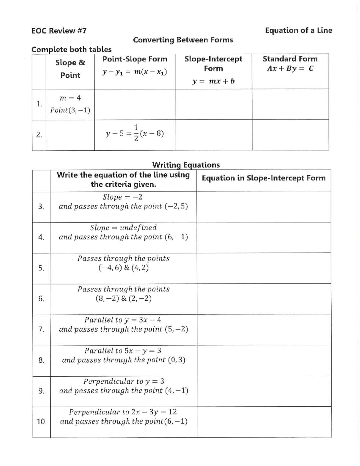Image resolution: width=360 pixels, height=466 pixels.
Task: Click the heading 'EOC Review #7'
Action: tap(59, 31)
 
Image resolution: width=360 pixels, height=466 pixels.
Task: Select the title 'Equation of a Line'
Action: tap(298, 31)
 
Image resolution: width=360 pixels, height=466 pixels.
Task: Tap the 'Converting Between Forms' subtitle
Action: tap(183, 40)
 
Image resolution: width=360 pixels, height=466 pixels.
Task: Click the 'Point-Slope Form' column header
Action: tap(135, 59)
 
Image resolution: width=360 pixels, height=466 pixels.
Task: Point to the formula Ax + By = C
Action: tap(290, 69)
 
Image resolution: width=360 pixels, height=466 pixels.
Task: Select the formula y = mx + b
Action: tap(213, 81)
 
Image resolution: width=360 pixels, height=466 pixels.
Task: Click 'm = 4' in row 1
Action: tap(70, 98)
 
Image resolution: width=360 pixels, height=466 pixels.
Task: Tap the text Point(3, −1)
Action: tap(70, 110)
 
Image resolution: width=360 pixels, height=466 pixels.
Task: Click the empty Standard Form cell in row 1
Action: tap(290, 104)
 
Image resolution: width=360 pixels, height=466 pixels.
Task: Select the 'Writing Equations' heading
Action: tap(186, 165)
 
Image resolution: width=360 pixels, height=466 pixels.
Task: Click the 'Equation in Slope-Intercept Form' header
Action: tap(263, 178)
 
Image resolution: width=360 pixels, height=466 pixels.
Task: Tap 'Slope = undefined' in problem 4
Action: tap(123, 228)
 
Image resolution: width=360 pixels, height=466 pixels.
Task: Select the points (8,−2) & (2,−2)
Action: tap(123, 299)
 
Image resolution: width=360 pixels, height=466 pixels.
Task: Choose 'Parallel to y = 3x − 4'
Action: tap(123, 320)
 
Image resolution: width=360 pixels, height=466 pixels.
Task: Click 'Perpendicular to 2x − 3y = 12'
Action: tap(123, 412)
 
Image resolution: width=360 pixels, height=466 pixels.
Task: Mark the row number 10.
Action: tap(41, 422)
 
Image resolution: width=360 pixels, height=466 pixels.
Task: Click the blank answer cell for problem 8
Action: tap(264, 360)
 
